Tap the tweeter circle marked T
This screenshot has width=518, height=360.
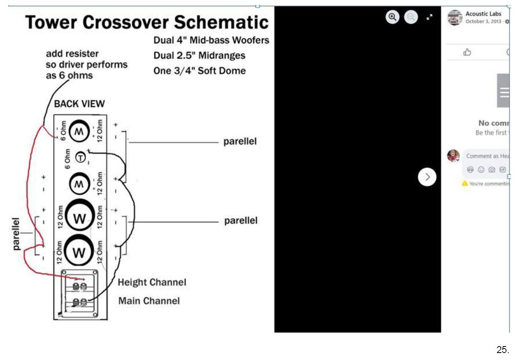pos(81,156)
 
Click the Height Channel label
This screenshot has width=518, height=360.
pos(152,282)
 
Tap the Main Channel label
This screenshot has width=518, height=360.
pos(149,301)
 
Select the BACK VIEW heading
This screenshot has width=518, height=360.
pos(79,104)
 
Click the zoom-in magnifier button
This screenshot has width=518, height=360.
pos(392,17)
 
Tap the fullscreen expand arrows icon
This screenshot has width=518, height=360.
pos(429,17)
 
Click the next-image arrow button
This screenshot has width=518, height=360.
pos(427,177)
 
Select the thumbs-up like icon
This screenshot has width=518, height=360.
pos(467,52)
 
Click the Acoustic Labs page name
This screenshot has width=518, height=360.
pos(483,14)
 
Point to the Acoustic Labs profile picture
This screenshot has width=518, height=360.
pos(455,18)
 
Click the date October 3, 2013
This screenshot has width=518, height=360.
pos(483,21)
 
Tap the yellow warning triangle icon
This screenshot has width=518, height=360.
pos(465,183)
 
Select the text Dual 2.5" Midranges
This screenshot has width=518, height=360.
pos(199,55)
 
